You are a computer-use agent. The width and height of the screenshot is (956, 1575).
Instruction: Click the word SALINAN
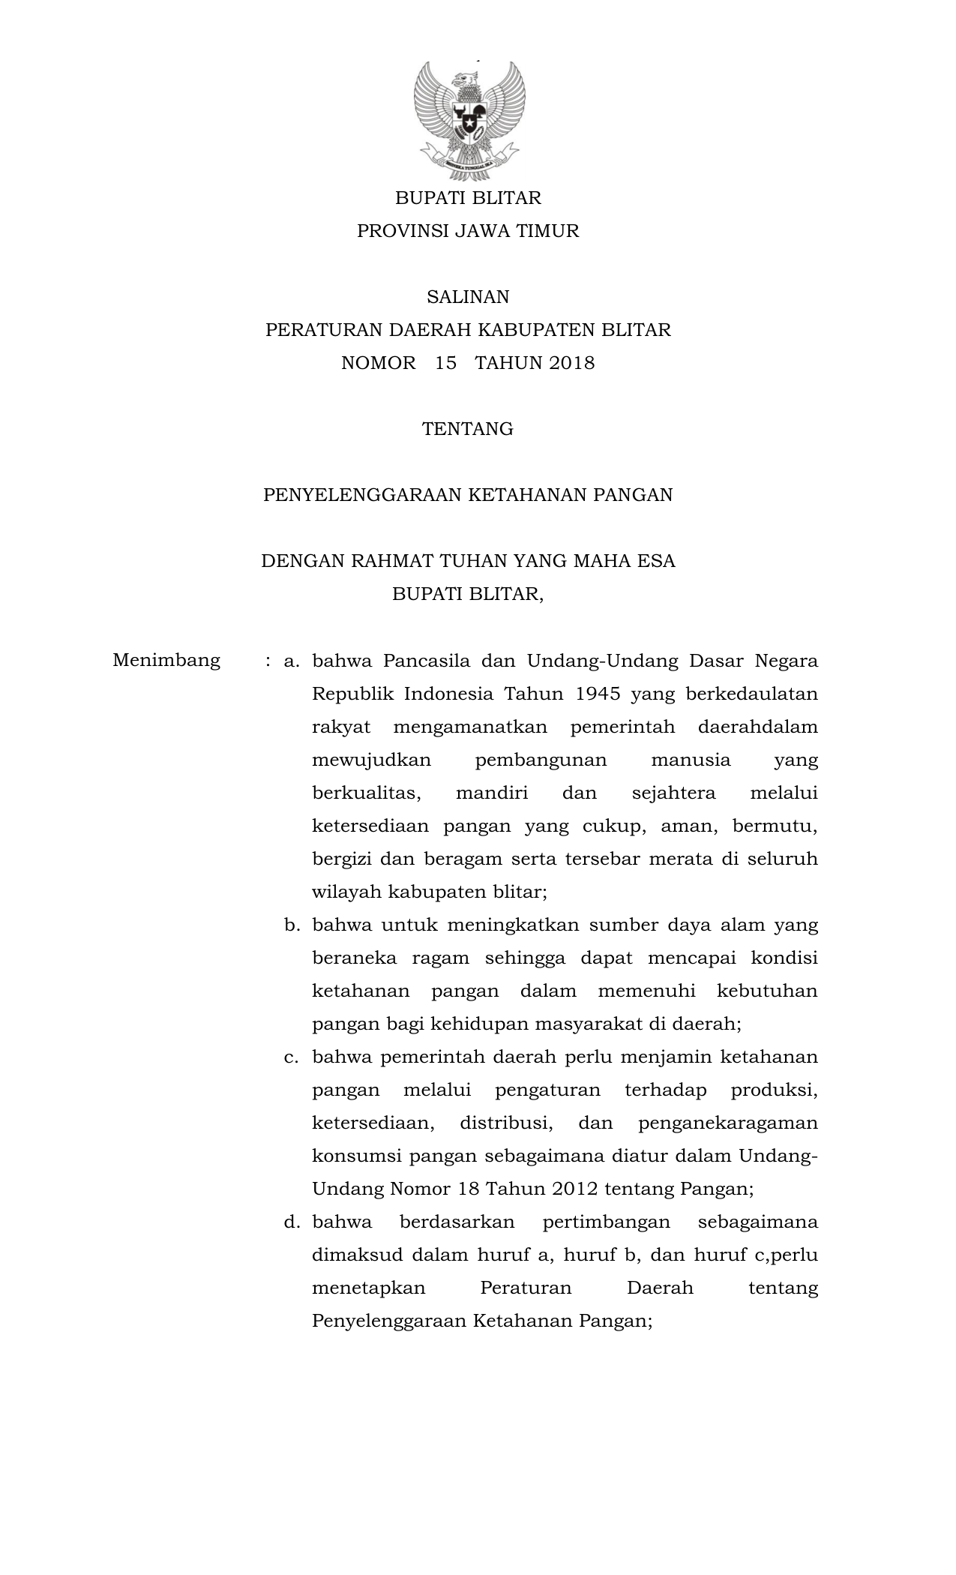click(468, 297)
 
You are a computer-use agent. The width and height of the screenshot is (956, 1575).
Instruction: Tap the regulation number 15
click(445, 363)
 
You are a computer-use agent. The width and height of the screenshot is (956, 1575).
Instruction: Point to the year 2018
click(571, 363)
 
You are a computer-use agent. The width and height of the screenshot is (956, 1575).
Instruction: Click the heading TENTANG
click(468, 429)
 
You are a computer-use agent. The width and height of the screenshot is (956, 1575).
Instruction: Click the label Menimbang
click(166, 660)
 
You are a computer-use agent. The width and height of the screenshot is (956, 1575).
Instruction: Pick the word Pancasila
click(427, 661)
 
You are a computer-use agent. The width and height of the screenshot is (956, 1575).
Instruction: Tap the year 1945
click(598, 694)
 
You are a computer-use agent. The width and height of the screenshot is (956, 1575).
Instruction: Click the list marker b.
click(291, 925)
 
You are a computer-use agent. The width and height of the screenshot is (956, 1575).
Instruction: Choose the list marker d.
click(291, 1222)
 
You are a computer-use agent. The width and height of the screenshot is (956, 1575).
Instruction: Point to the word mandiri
click(492, 793)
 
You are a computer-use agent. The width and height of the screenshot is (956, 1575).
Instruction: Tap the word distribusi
click(506, 1123)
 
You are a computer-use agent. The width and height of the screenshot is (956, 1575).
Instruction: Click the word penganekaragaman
click(727, 1123)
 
